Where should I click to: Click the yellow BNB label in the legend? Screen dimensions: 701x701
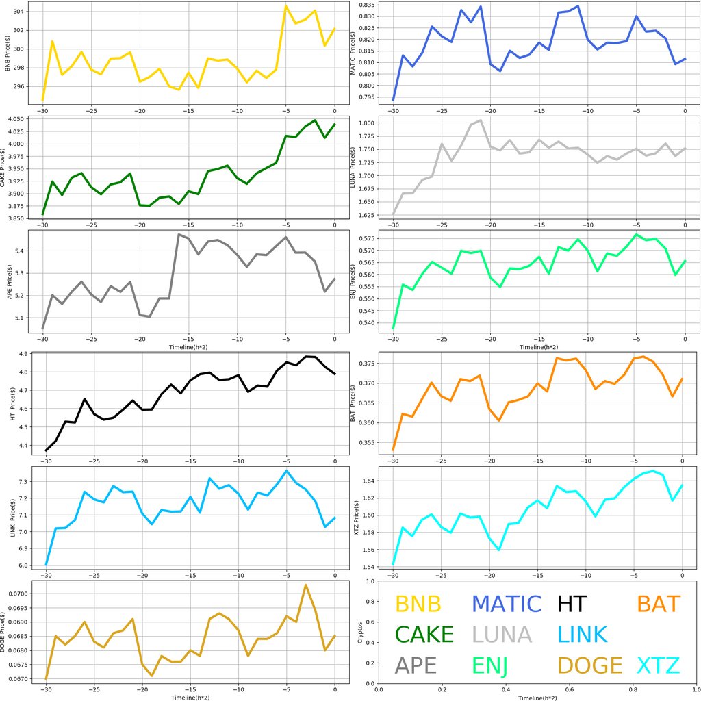[418, 604]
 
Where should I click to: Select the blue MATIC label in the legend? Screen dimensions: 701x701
[507, 604]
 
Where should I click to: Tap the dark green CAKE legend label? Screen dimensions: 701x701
[424, 635]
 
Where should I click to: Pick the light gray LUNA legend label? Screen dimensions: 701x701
[502, 635]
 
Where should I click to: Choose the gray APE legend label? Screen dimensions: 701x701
[416, 665]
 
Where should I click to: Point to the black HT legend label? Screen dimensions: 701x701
[572, 604]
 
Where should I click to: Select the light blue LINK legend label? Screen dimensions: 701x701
[583, 635]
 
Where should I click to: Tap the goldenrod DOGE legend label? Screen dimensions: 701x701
[590, 665]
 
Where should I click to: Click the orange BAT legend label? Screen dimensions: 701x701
[659, 604]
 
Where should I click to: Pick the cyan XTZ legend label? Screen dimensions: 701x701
[659, 665]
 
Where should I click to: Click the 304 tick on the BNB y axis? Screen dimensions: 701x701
[20, 12]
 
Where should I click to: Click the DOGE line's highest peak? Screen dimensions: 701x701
[305, 585]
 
